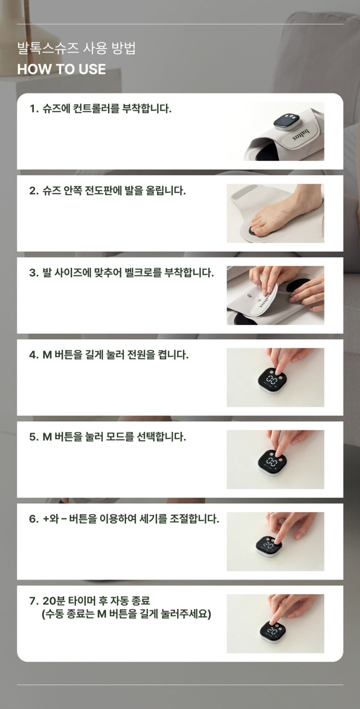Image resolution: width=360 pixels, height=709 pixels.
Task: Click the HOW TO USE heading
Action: pyautogui.click(x=61, y=69)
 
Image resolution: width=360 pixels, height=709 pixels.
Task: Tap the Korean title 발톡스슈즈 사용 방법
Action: pyautogui.click(x=77, y=49)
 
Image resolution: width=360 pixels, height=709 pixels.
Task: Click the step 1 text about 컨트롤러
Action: pyautogui.click(x=100, y=109)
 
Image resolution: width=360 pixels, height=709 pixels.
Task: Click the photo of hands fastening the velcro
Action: pyautogui.click(x=275, y=295)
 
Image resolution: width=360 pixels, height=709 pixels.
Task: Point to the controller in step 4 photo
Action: pyautogui.click(x=272, y=381)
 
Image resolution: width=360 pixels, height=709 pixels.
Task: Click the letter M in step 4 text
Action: pyautogui.click(x=47, y=355)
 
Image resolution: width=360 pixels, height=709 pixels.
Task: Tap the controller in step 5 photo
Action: pyautogui.click(x=272, y=462)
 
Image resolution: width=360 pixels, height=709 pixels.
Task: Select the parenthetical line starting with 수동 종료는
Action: pyautogui.click(x=126, y=614)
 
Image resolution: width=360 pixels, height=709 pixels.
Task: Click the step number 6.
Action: pyautogui.click(x=33, y=519)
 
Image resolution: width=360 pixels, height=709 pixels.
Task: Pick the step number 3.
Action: pyautogui.click(x=33, y=273)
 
